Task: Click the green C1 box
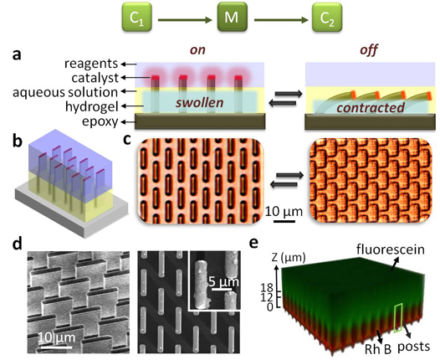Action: (137, 17)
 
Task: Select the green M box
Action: (233, 17)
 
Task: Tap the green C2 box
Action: (327, 17)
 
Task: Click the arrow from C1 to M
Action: (185, 20)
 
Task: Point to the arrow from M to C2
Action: (280, 20)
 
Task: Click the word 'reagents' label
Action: (91, 64)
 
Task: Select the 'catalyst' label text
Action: (95, 78)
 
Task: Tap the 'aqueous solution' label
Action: (65, 92)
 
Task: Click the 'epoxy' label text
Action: (100, 122)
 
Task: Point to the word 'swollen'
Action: (200, 103)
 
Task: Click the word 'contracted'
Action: (371, 107)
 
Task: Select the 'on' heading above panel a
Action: (197, 50)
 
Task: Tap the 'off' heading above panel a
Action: (369, 49)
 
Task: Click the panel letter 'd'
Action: (18, 244)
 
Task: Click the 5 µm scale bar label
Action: (223, 281)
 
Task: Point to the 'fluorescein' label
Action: (391, 249)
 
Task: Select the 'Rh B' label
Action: (378, 349)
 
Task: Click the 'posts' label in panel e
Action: (414, 347)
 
